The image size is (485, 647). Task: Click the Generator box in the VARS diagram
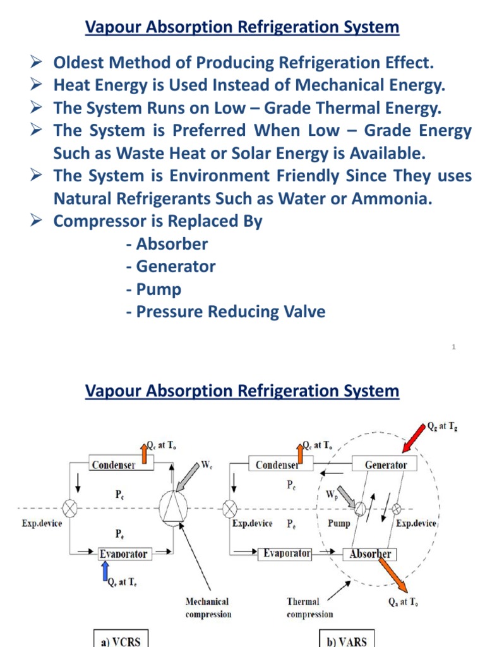pos(386,464)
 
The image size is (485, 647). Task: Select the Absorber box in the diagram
pos(371,554)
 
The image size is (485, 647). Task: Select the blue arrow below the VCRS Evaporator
pos(106,572)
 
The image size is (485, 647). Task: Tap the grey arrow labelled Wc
pos(188,476)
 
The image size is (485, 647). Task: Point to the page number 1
pos(454,347)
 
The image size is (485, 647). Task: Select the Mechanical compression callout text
pos(207,608)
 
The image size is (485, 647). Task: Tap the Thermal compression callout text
pos(309,608)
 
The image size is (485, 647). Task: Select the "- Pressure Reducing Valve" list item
pos(226,312)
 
